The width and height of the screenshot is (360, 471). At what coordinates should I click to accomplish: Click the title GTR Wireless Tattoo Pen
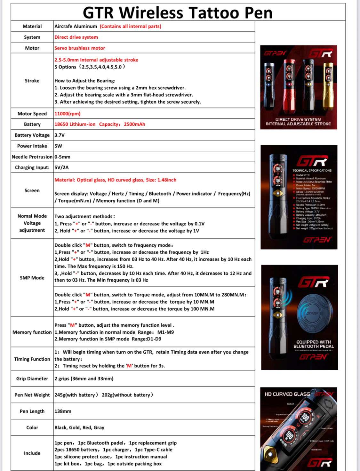coord(178,13)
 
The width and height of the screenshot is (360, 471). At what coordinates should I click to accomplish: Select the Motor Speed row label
coord(32,114)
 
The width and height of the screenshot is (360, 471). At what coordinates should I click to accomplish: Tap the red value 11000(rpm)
coord(68,114)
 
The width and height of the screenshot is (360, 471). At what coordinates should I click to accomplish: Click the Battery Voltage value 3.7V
coord(60,135)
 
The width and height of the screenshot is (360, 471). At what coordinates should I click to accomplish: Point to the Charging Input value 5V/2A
coord(61,167)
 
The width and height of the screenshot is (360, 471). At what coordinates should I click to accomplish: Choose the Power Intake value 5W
coord(58,146)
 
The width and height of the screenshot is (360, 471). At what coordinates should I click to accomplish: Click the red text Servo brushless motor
coord(80,48)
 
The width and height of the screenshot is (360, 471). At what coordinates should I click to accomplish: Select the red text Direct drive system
coord(76,37)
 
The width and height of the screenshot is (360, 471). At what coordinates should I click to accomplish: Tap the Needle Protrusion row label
coord(32,157)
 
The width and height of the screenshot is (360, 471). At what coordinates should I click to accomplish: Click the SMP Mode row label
coord(32,278)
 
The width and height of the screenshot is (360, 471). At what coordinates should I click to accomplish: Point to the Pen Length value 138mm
coord(63,411)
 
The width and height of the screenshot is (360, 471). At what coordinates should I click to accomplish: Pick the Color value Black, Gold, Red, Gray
coord(79,427)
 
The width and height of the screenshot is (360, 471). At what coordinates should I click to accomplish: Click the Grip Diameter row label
coord(32,379)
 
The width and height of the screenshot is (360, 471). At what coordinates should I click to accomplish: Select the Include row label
coord(32,453)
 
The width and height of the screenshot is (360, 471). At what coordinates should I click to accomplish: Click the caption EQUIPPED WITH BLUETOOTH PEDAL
coord(313,344)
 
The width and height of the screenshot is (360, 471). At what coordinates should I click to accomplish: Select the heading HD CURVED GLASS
coord(287,394)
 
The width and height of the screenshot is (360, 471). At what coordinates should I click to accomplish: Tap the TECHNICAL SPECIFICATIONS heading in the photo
coord(312,171)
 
